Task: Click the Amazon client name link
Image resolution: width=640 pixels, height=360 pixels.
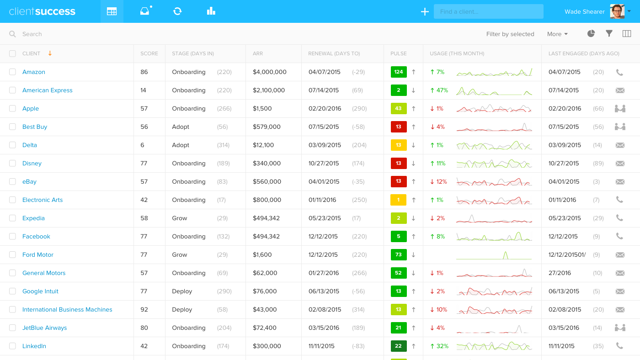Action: (34, 72)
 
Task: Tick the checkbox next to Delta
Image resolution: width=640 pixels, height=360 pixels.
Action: (12, 145)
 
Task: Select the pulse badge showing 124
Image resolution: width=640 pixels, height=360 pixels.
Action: (399, 72)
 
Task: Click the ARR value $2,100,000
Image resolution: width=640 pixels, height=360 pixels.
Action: (269, 90)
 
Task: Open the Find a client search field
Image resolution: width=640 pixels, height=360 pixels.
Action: (488, 11)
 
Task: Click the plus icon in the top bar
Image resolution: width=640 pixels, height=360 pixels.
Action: (425, 12)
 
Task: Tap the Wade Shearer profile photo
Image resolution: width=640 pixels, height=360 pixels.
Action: (617, 11)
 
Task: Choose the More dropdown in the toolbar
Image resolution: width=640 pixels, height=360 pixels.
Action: (557, 34)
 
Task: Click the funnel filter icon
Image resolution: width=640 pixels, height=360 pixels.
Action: (609, 34)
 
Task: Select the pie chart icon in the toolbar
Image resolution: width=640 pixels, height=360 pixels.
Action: (591, 34)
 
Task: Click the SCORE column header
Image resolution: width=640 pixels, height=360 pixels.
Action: (149, 54)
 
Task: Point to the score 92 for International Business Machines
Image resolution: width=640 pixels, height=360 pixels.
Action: (144, 310)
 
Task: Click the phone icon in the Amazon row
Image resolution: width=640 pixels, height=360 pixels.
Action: (619, 72)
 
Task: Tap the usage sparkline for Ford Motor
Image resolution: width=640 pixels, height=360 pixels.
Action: (494, 255)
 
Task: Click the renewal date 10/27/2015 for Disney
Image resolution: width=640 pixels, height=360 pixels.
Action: (324, 164)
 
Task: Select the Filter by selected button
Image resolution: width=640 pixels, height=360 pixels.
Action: (510, 34)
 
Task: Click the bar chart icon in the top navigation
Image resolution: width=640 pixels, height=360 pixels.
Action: (211, 11)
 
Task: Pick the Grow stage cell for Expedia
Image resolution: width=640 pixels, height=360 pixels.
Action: (180, 218)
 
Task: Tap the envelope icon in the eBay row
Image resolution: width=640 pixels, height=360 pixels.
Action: (620, 182)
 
